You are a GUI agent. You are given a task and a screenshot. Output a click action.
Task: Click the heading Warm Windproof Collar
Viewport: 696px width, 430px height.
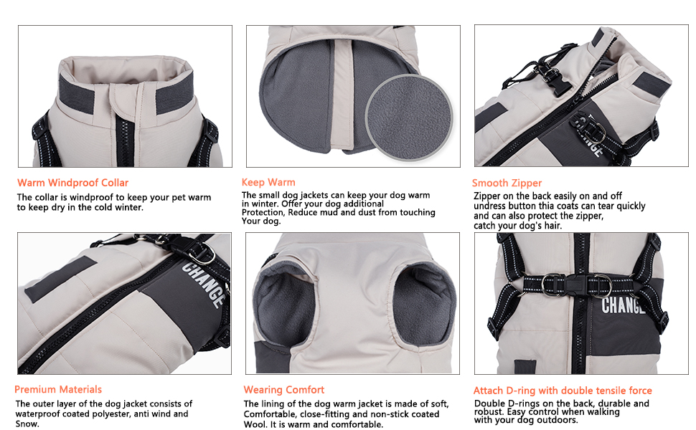(x=72, y=183)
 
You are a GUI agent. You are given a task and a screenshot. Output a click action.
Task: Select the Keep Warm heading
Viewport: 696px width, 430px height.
(x=268, y=182)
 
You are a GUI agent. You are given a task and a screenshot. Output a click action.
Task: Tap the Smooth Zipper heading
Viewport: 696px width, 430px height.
(x=507, y=183)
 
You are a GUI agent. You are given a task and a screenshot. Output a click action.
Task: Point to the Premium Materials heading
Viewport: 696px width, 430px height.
(x=58, y=389)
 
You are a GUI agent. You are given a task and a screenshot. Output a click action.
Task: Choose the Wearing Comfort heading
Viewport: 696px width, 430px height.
(x=284, y=390)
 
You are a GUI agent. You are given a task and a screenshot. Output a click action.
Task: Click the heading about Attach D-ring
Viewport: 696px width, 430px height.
(x=563, y=391)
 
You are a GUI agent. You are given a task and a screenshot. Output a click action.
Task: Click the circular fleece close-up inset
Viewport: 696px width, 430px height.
(x=409, y=117)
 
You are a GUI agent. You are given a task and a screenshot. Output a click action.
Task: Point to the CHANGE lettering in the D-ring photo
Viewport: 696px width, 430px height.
(x=622, y=305)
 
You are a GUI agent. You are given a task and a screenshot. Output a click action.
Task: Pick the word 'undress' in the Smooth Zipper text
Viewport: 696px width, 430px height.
(x=489, y=206)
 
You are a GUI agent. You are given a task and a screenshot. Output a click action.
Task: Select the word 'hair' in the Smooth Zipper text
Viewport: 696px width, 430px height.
(x=553, y=226)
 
